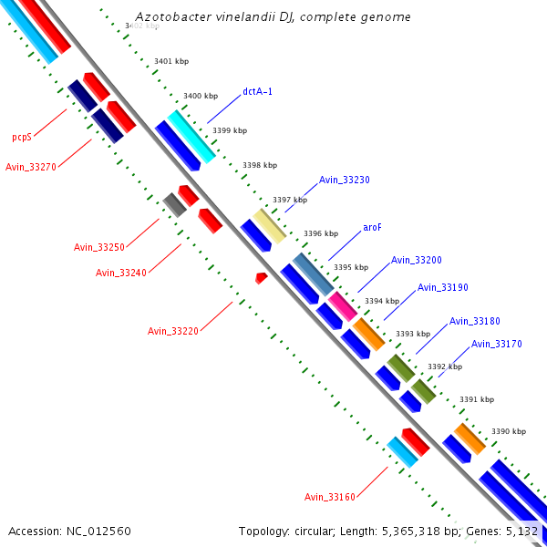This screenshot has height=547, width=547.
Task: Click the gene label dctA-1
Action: (x=258, y=91)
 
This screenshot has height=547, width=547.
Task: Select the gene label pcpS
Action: (x=22, y=138)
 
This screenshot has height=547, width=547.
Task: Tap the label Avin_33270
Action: (x=31, y=167)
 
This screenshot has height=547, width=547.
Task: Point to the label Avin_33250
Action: (x=99, y=247)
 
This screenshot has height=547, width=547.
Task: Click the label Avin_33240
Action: (x=121, y=273)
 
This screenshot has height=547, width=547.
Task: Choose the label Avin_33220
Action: (x=173, y=331)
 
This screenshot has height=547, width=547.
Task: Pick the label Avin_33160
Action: (x=330, y=497)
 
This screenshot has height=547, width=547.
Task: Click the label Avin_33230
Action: (x=345, y=181)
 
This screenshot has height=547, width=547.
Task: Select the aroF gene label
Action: (x=372, y=227)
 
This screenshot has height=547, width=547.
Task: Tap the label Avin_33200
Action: (x=417, y=261)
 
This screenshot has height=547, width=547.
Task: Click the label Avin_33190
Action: (x=443, y=288)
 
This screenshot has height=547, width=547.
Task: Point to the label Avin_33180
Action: (x=475, y=321)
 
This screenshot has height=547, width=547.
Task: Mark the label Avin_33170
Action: (x=497, y=345)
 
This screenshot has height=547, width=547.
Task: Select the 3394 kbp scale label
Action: (x=381, y=301)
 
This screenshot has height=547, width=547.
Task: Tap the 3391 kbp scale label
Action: (x=476, y=399)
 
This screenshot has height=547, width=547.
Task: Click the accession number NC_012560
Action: (x=69, y=531)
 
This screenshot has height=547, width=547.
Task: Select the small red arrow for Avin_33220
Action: (x=262, y=276)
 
